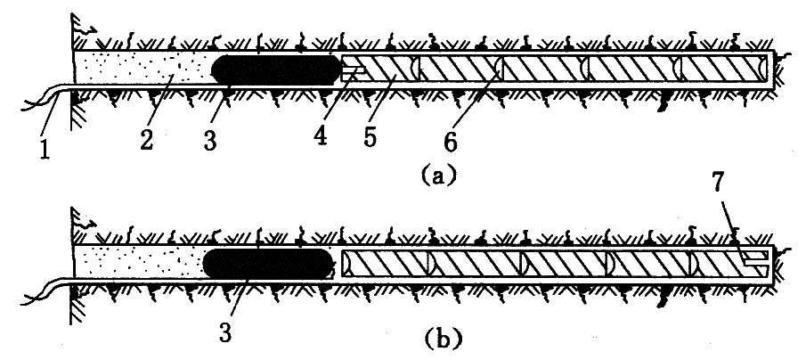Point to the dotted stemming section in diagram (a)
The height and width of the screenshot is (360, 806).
142,67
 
